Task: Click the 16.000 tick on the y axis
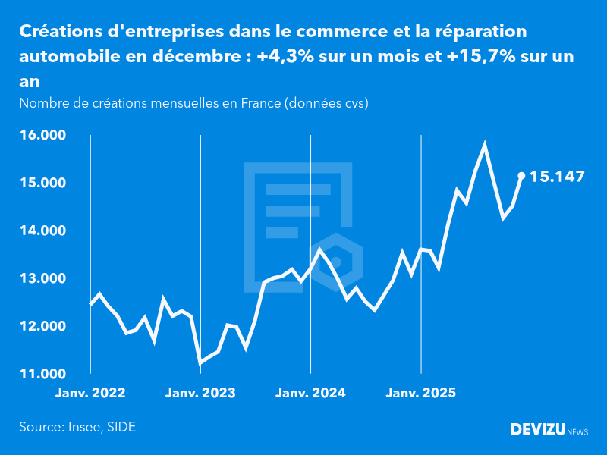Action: pyautogui.click(x=42, y=135)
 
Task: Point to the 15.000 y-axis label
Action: pyautogui.click(x=42, y=183)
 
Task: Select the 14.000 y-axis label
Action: pyautogui.click(x=42, y=231)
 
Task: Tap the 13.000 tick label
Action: pyautogui.click(x=42, y=278)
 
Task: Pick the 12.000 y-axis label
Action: pyautogui.click(x=42, y=326)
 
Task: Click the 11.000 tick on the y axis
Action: pyautogui.click(x=42, y=374)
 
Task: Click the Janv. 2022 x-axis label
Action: pyautogui.click(x=90, y=393)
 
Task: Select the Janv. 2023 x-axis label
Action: pyautogui.click(x=200, y=393)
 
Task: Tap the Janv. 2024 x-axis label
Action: pyautogui.click(x=310, y=393)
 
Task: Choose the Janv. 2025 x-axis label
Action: pyautogui.click(x=421, y=393)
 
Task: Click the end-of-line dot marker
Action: pyautogui.click(x=521, y=176)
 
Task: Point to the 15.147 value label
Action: pyautogui.click(x=557, y=177)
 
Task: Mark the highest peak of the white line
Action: pyautogui.click(x=485, y=144)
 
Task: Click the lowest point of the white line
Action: pyautogui.click(x=200, y=363)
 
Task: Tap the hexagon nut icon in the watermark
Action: pyautogui.click(x=336, y=262)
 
